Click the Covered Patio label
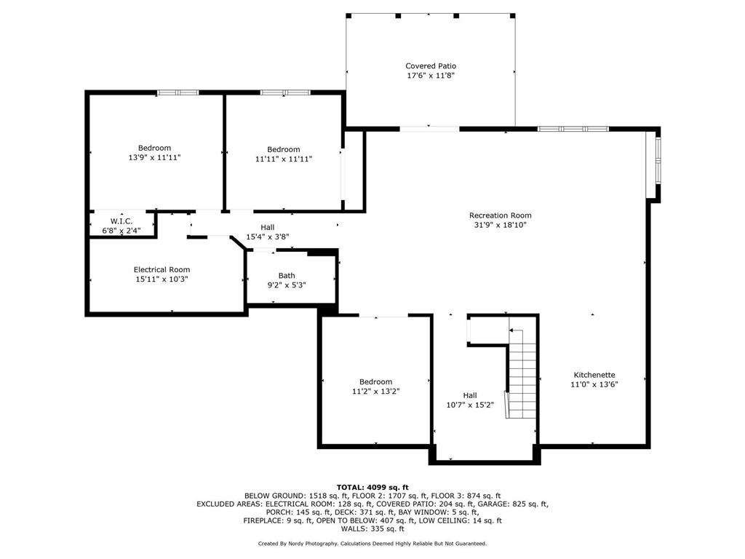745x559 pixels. (431, 66)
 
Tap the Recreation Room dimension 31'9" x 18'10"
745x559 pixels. (500, 225)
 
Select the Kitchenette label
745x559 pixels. (593, 375)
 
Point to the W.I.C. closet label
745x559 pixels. (121, 221)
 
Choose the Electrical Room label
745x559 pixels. (162, 269)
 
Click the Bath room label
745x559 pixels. (287, 275)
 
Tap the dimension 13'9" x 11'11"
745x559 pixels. (154, 157)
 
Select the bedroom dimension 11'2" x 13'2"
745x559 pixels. (375, 391)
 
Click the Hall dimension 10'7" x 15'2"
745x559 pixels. (470, 405)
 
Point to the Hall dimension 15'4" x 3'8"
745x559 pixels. (268, 237)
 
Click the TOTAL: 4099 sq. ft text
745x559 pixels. (372, 487)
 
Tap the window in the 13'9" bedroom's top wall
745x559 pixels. (178, 92)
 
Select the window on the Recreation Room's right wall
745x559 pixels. (657, 160)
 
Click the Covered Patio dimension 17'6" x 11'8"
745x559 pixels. (431, 75)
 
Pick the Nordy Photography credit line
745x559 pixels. (372, 543)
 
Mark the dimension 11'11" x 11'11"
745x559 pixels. (283, 159)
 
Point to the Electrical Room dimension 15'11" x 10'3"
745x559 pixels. (162, 279)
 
